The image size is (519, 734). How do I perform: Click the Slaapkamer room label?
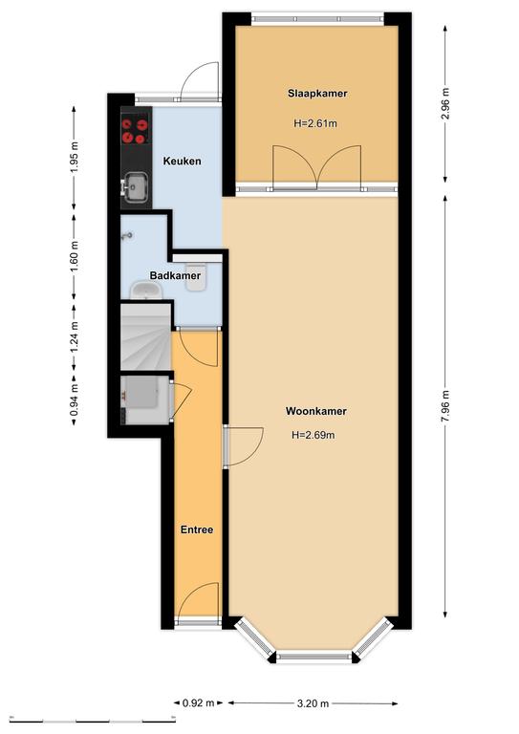coord(317,93)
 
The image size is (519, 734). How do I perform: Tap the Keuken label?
coord(182,161)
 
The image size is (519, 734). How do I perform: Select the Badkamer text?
coord(175,275)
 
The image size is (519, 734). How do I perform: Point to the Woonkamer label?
coord(316,411)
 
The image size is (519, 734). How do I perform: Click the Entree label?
coord(197,529)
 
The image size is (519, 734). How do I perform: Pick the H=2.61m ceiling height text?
coord(315,123)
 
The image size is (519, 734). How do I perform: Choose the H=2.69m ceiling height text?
coord(314,435)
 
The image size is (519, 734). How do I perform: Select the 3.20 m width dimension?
coord(314,702)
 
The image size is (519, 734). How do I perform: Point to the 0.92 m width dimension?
coord(198,702)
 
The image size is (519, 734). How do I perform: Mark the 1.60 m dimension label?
coord(74,256)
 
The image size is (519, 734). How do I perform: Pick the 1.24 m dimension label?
coord(74,337)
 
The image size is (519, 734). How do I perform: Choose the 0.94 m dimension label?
coord(74,400)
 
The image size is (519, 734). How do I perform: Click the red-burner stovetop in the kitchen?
coord(136,132)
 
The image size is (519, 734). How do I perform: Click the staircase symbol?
coord(145,336)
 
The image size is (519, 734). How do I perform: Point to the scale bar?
coord(92,720)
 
